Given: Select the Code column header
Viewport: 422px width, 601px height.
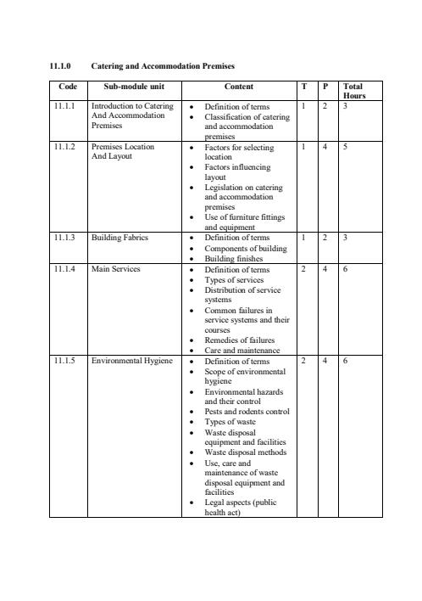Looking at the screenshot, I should (67, 87).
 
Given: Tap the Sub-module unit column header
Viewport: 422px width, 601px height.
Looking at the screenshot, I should (134, 87).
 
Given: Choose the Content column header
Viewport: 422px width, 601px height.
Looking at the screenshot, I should (238, 87).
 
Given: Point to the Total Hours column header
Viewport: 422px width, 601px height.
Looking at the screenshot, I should (353, 91).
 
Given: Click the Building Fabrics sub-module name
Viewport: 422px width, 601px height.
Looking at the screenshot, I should (119, 238).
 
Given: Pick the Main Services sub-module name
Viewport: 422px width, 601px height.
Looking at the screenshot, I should (115, 269).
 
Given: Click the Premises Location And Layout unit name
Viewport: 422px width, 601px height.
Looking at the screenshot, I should (123, 152).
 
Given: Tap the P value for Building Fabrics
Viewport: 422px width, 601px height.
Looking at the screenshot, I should (325, 238).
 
